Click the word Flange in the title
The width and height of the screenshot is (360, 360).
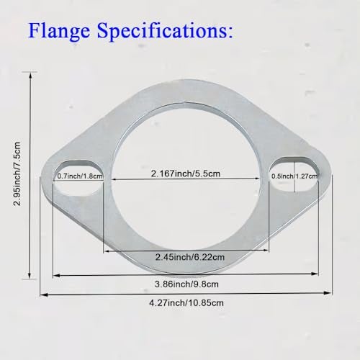tap(59, 30)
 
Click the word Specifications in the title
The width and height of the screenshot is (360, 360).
tap(165, 30)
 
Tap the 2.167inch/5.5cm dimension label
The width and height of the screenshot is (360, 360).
tap(186, 174)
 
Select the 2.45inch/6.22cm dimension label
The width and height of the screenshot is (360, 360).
tap(190, 257)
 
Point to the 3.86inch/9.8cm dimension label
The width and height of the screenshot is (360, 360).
tap(186, 284)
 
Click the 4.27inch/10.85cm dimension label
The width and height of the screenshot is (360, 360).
tap(186, 303)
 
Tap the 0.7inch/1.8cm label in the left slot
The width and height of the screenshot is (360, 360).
tap(80, 176)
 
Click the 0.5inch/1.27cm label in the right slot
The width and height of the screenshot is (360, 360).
tap(294, 176)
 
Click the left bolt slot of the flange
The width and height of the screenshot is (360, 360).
tap(78, 176)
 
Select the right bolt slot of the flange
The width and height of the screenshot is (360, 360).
tap(294, 174)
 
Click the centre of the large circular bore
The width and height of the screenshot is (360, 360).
tap(186, 179)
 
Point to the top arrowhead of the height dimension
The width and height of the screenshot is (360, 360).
tap(30, 75)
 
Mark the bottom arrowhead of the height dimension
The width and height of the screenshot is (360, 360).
tap(30, 276)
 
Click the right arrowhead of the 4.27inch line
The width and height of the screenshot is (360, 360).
tap(328, 292)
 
